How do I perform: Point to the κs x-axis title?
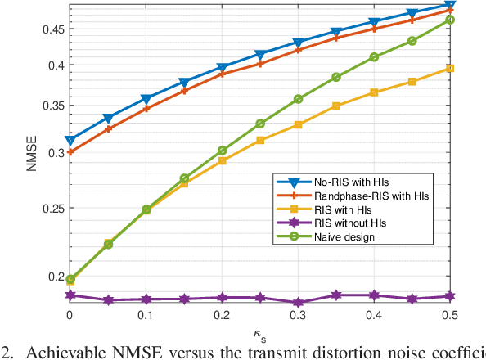tap(259, 333)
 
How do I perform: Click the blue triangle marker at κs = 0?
tap(70, 141)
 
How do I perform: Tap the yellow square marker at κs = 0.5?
tap(449, 69)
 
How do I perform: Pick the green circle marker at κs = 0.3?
tap(298, 99)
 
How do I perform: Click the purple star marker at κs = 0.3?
tap(298, 302)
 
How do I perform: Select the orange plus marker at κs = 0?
tap(70, 151)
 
